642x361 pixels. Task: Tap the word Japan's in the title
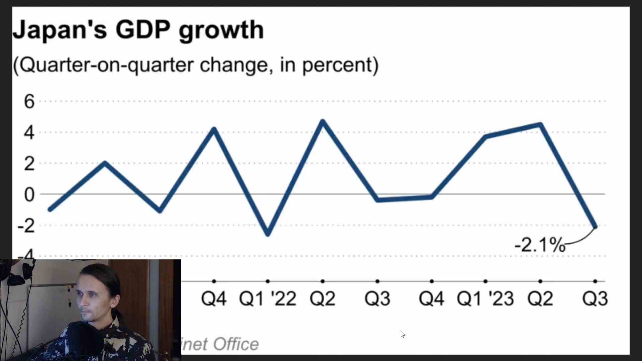(60, 30)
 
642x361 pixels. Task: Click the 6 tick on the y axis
(29, 101)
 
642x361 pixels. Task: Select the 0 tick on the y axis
(29, 195)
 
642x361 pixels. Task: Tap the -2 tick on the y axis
(26, 226)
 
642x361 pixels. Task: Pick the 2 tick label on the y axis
(29, 164)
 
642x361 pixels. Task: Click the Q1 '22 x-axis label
(267, 298)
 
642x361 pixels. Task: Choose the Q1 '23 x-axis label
(485, 298)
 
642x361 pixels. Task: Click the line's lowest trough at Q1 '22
(268, 234)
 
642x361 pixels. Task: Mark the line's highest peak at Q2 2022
(323, 121)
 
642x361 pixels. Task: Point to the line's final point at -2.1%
(595, 227)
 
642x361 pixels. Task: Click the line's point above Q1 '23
(486, 136)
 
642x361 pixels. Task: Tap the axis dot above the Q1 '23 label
(486, 281)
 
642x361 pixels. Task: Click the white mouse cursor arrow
(403, 334)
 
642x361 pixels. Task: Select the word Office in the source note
(236, 344)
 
